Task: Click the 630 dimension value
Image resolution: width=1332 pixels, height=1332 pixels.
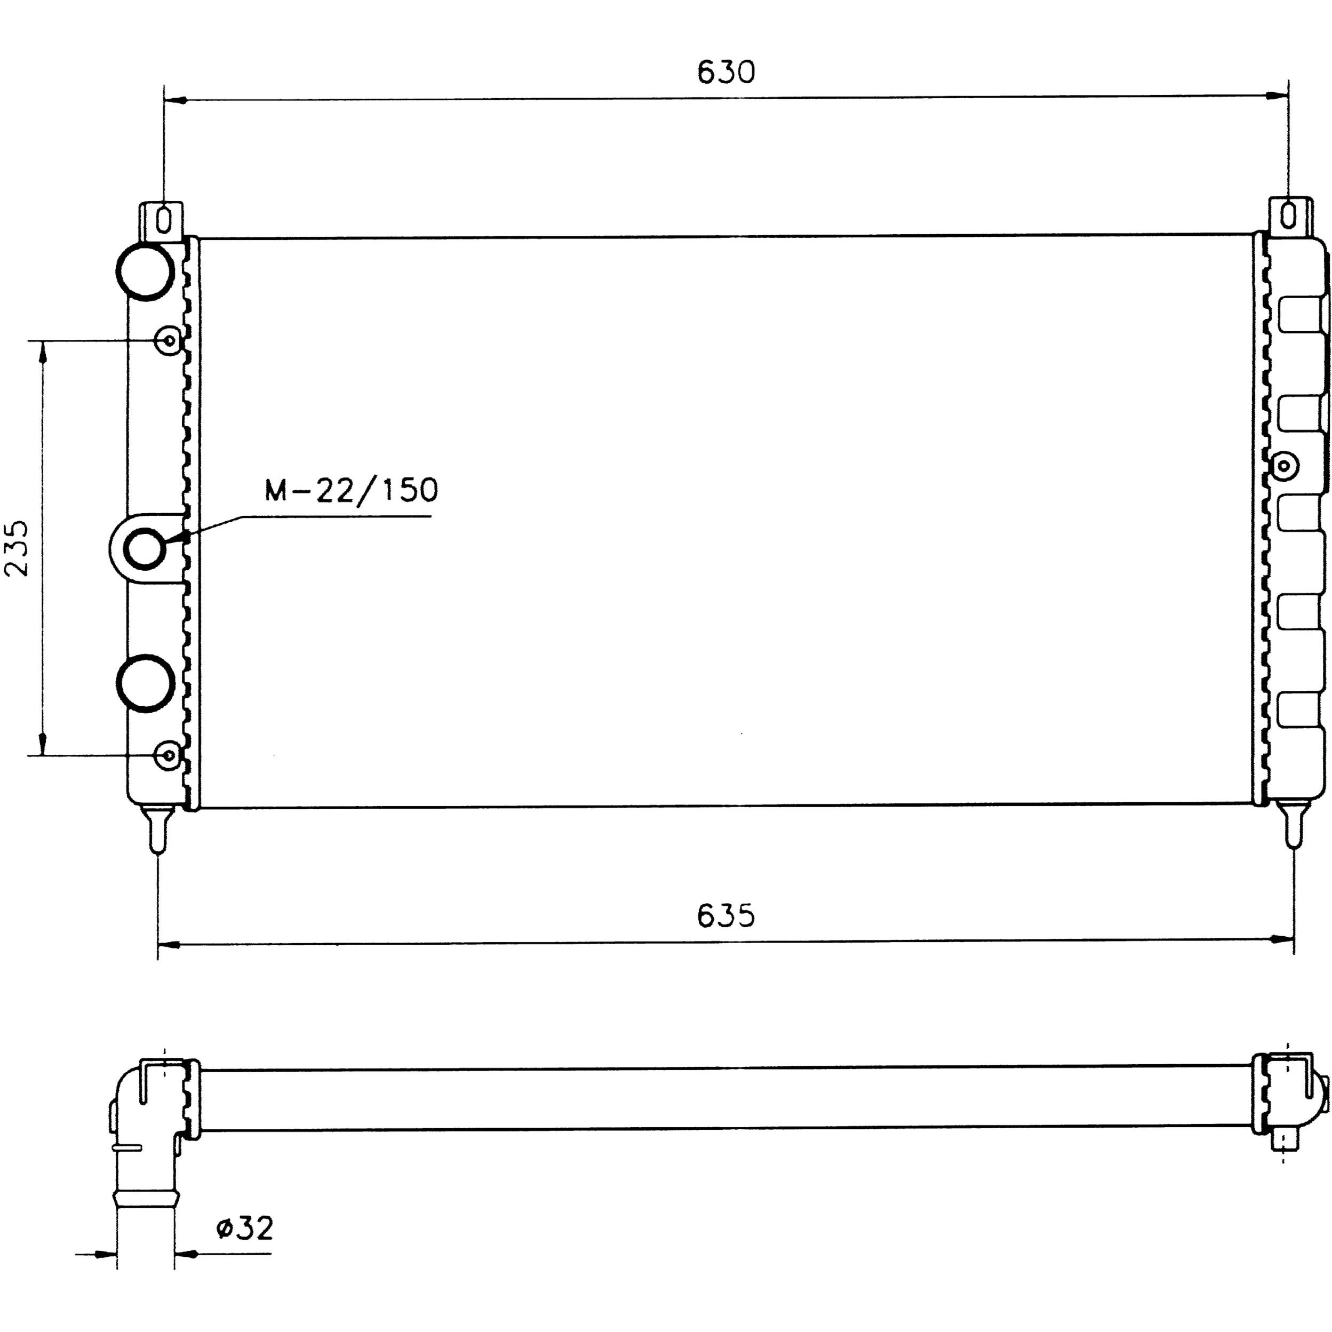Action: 726,71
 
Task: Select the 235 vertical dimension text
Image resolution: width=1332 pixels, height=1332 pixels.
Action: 17,548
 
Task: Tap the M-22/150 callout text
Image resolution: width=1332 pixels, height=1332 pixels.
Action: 352,490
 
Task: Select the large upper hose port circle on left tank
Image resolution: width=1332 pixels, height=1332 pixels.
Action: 145,271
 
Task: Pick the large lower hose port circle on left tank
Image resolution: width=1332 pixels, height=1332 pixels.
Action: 145,684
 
